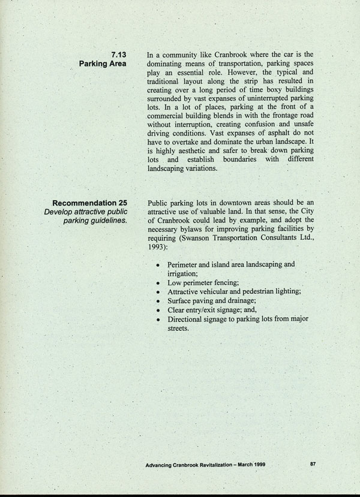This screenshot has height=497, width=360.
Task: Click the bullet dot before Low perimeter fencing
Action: point(158,281)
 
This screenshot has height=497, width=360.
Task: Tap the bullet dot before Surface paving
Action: point(158,300)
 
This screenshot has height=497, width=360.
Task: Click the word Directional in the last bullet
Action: point(188,319)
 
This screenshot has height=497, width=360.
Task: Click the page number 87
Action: point(313,463)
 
